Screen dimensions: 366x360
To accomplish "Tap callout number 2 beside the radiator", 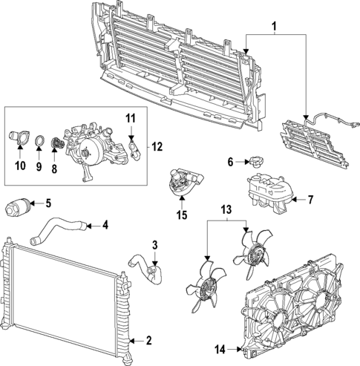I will [148, 341].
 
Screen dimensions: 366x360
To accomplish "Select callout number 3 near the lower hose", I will [154, 244].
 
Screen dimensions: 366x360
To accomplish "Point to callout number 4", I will [105, 224].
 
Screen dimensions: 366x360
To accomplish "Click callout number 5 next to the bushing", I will [48, 203].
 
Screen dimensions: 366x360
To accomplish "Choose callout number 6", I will [231, 162].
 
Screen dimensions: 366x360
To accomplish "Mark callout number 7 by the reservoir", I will [311, 199].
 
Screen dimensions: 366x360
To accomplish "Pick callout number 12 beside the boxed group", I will [157, 146].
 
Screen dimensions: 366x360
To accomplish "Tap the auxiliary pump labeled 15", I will [184, 183].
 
